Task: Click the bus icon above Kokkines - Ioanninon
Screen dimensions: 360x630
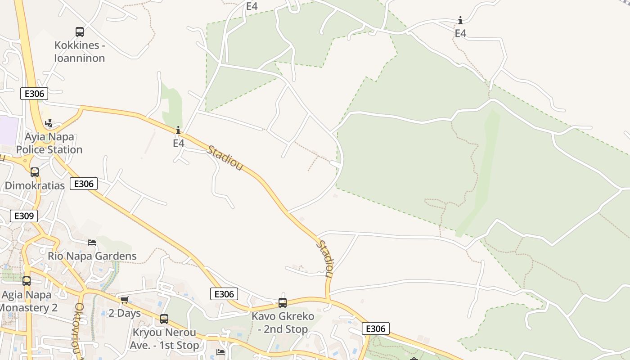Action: click(80, 32)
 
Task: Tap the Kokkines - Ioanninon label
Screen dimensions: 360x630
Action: click(80, 52)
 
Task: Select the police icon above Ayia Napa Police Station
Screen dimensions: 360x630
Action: click(49, 123)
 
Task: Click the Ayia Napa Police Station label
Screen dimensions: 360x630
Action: click(49, 143)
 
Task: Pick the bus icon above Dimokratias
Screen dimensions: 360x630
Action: click(35, 172)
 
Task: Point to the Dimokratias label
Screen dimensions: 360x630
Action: click(35, 185)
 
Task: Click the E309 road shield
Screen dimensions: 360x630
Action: click(24, 216)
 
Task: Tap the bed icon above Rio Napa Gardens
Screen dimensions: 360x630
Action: click(92, 243)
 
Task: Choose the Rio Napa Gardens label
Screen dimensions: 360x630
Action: click(92, 256)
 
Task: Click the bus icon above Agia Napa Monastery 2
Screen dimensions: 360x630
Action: click(27, 281)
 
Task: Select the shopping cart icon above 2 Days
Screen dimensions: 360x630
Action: click(124, 300)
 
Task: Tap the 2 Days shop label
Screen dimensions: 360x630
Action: click(125, 313)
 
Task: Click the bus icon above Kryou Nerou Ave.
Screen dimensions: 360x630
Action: click(164, 319)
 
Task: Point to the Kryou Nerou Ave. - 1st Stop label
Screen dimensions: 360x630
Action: click(164, 339)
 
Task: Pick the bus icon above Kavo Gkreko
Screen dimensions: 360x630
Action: click(283, 303)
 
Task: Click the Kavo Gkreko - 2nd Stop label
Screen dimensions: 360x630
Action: click(283, 322)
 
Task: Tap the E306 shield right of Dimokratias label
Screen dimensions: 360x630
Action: click(84, 184)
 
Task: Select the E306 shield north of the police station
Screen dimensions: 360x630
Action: click(34, 94)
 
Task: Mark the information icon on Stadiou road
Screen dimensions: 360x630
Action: click(179, 130)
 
